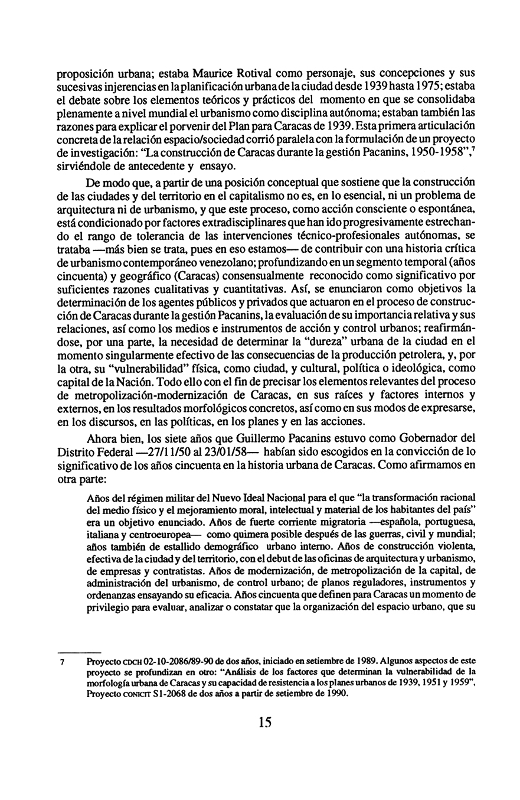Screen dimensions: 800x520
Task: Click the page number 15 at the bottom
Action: click(x=264, y=722)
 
